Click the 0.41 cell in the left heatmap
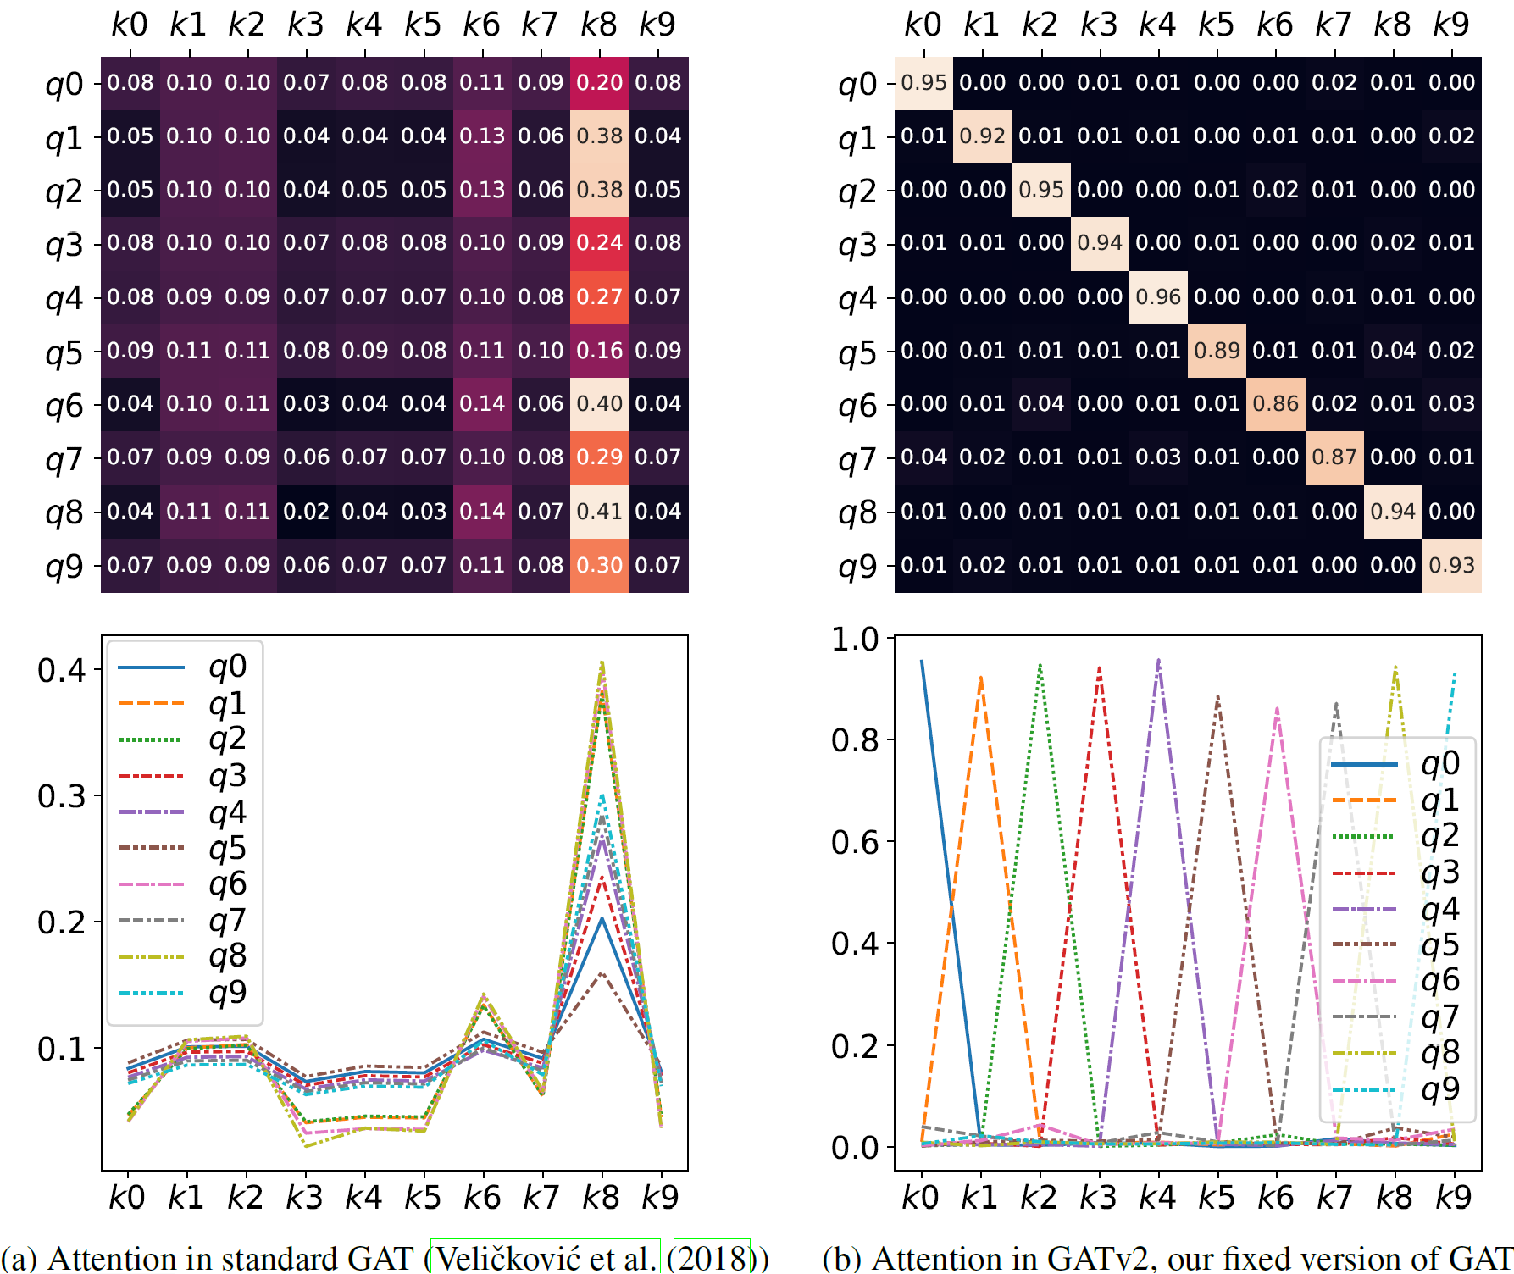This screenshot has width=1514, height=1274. tap(599, 512)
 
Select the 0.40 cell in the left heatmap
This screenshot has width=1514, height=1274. tap(599, 404)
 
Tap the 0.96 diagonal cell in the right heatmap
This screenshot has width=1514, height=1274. tap(1158, 297)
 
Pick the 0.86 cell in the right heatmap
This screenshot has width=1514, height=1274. tap(1275, 404)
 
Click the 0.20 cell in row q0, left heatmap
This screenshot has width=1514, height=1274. tap(599, 83)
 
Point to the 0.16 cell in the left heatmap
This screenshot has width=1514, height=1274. tap(599, 351)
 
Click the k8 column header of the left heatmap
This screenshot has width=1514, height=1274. tap(598, 25)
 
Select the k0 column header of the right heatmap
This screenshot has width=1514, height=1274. tap(923, 25)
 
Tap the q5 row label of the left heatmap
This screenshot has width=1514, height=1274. tap(64, 352)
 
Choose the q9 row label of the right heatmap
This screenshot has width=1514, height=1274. tap(857, 567)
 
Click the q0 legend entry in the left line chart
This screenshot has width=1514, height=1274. tap(227, 667)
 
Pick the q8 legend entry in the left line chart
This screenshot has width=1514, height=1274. tap(227, 956)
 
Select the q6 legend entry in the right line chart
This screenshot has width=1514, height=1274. tap(1439, 981)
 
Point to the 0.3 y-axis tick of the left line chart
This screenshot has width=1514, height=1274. tap(61, 796)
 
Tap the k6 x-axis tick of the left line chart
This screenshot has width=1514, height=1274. tap(482, 1198)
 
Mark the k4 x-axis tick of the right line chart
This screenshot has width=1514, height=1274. tap(1157, 1198)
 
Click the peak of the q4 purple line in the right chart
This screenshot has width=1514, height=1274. tap(1158, 661)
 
